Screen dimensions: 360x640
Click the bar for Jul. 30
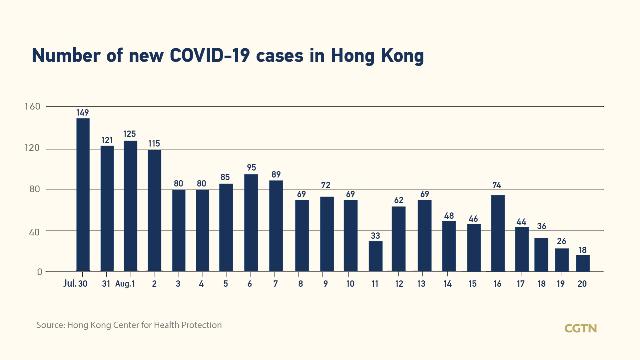pos(83,194)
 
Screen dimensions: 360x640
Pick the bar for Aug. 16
pos(498,233)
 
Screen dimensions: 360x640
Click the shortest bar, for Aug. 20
pos(583,263)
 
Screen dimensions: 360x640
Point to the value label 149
pos(83,113)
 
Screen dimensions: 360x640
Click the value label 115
pos(154,144)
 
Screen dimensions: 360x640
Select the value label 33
pos(375,236)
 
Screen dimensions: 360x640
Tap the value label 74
pos(497,185)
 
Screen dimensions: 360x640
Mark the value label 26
pos(561,241)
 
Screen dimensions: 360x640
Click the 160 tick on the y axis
pos(32,107)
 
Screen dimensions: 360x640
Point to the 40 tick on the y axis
pos(34,232)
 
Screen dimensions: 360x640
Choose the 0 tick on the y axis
pos(40,272)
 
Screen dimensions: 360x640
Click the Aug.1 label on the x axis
pos(125,284)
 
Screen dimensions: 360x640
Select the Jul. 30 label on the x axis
pos(75,284)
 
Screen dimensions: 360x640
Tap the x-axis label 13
pos(421,284)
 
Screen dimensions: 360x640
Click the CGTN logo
pos(580,329)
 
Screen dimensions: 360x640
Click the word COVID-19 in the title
pos(210,55)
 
